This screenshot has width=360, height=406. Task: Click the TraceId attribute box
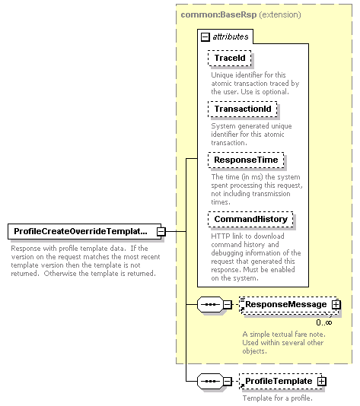point(230,58)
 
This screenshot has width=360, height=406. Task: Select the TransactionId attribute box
point(243,109)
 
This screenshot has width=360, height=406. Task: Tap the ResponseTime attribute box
point(246,160)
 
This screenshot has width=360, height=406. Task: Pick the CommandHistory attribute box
point(250,219)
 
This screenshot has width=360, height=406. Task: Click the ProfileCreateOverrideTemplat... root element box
point(84,231)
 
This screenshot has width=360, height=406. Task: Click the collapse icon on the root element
point(161,231)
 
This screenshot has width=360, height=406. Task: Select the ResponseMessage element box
point(288,305)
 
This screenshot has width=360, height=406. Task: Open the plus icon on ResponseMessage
point(336,304)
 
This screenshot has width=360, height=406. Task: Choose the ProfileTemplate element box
point(282,382)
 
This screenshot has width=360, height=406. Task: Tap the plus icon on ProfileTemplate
point(322,382)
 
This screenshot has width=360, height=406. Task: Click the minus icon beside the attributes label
point(205,37)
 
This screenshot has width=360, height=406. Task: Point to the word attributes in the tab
point(231,36)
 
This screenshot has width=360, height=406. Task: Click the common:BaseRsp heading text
point(218,14)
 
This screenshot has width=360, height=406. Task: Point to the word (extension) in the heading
point(280,14)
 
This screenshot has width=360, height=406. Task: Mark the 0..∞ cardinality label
point(324,322)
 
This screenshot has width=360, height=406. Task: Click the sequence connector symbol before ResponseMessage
point(210,304)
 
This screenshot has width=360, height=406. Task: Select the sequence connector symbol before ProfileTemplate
point(210,382)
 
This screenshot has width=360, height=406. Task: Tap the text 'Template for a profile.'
point(278,398)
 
